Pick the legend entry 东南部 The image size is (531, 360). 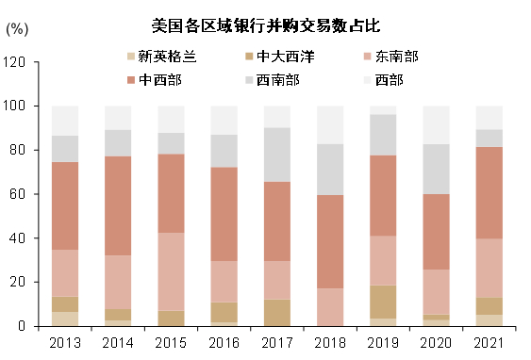[x=396, y=57]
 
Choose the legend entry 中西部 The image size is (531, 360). [x=160, y=79]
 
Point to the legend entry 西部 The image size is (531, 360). [x=389, y=79]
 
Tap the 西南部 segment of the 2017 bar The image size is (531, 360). [x=277, y=155]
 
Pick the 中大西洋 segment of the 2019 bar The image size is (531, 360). [x=383, y=302]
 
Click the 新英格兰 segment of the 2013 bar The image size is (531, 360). [x=65, y=319]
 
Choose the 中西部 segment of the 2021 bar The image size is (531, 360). [x=489, y=192]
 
